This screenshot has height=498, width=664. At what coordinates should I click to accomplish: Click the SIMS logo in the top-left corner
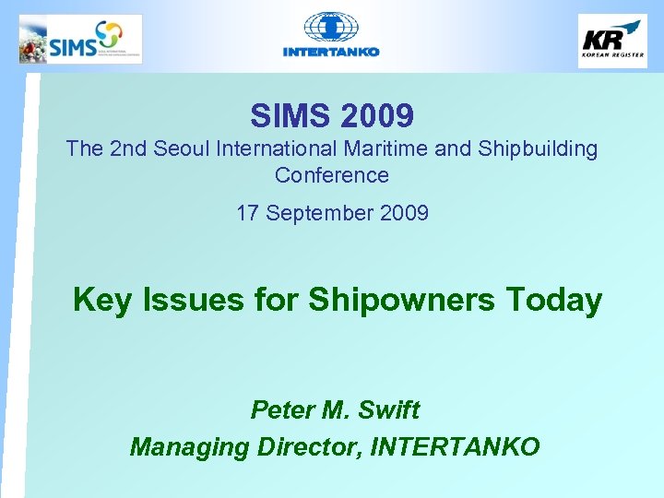(x=80, y=39)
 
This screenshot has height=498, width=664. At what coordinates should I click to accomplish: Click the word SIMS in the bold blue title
(x=290, y=116)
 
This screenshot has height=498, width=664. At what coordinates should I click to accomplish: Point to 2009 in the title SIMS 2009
(x=376, y=116)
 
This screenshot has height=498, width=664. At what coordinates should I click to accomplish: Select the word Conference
(x=332, y=175)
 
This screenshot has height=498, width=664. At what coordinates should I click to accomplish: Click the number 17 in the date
(x=247, y=214)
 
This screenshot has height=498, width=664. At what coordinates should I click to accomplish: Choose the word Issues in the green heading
(x=178, y=300)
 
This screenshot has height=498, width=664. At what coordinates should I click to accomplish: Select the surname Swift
(x=387, y=409)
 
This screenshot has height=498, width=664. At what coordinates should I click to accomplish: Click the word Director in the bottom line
(x=307, y=447)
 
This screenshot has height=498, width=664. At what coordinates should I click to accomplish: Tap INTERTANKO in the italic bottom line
(x=455, y=447)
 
